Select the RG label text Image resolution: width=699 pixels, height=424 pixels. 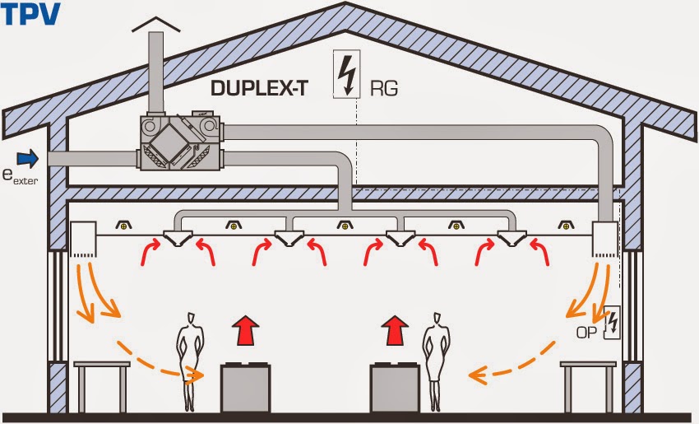[x=384, y=87]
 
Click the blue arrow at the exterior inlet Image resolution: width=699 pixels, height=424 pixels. [x=28, y=156]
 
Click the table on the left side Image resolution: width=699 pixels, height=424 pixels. [x=102, y=383]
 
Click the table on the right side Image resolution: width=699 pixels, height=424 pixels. [x=586, y=383]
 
